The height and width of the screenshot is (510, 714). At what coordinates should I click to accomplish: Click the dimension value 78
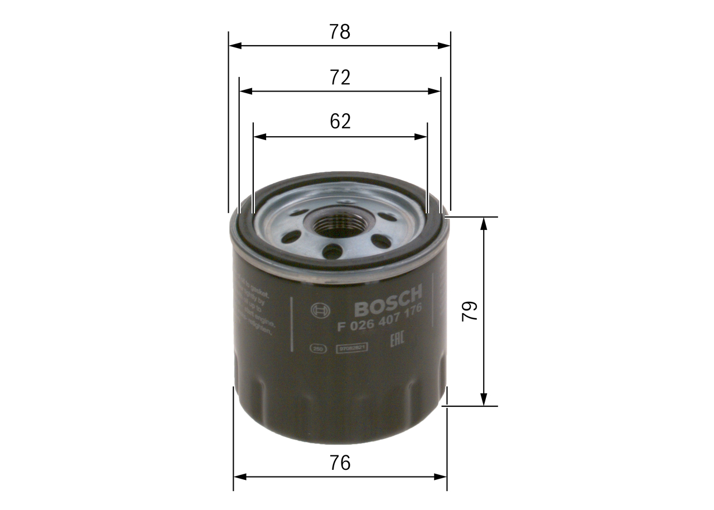pyautogui.click(x=339, y=32)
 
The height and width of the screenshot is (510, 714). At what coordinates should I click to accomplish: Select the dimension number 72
pyautogui.click(x=339, y=78)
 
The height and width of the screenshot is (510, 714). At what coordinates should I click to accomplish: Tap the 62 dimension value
pyautogui.click(x=340, y=121)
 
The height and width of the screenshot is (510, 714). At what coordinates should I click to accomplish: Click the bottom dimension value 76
pyautogui.click(x=339, y=463)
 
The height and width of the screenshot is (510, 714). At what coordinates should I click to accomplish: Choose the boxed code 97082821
pyautogui.click(x=351, y=349)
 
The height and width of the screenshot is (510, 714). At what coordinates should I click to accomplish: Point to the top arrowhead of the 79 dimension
pyautogui.click(x=484, y=223)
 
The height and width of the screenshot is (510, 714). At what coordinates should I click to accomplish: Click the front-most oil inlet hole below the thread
pyautogui.click(x=332, y=252)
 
